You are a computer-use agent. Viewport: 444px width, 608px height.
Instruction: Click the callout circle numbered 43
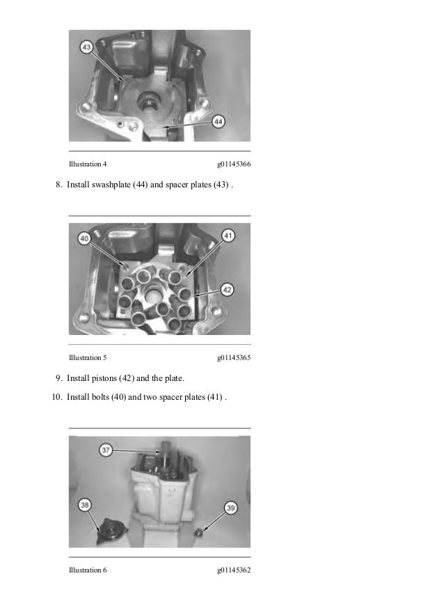(x=86, y=47)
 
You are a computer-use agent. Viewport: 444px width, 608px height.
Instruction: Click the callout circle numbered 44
(x=219, y=121)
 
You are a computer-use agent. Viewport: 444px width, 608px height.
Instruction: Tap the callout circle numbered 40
(x=84, y=238)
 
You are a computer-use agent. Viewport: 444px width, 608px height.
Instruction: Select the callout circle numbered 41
(x=228, y=237)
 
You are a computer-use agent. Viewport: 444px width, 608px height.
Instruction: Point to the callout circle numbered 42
(x=227, y=289)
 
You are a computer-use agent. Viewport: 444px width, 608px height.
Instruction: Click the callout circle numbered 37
(x=106, y=451)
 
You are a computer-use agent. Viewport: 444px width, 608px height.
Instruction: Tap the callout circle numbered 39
(x=230, y=508)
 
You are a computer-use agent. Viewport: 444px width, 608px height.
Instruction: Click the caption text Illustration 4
(x=88, y=165)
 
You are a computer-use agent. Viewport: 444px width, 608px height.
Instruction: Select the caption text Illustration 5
(x=88, y=358)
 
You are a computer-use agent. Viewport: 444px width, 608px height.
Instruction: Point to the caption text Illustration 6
(x=88, y=570)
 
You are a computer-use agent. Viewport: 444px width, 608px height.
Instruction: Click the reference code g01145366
(x=233, y=165)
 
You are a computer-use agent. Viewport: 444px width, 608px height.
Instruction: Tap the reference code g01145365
(x=233, y=358)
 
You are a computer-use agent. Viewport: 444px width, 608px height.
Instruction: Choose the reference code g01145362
(x=233, y=570)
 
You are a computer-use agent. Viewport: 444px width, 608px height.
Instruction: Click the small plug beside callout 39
(x=200, y=531)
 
